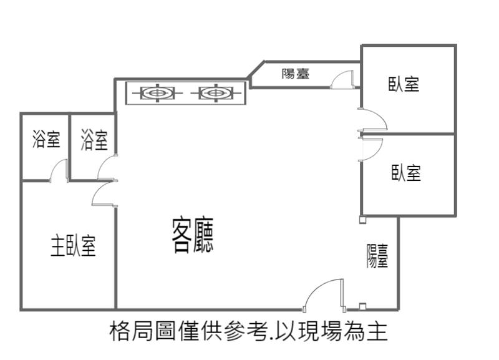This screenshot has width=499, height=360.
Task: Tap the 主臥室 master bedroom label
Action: click(x=73, y=246)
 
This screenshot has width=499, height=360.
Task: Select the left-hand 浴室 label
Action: click(x=46, y=140)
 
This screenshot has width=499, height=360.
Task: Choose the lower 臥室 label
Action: click(x=406, y=173)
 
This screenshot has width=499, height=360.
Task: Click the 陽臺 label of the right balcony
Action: click(x=377, y=256)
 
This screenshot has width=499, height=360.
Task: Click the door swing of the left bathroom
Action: click(x=60, y=170)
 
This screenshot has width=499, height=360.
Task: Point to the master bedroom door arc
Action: click(x=104, y=194)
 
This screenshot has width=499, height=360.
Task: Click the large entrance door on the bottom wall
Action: click(x=324, y=294)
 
